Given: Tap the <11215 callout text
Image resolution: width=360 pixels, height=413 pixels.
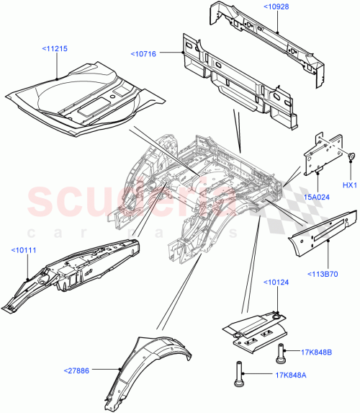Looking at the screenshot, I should click(55, 49).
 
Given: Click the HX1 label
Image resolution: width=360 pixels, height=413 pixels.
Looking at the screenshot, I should click(349, 186).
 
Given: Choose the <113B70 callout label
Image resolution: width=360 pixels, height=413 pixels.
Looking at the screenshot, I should click(326, 252).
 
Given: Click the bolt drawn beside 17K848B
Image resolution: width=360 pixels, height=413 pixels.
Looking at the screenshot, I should click(279, 353).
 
